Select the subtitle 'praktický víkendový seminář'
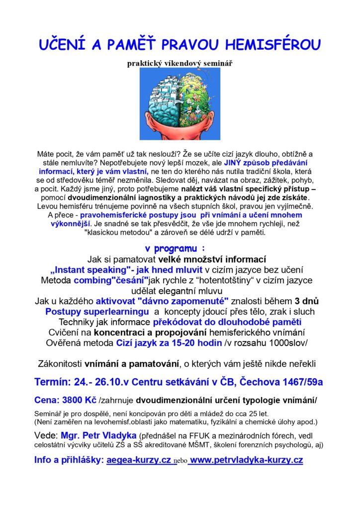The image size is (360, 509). (180, 63)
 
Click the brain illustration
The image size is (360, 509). (180, 103)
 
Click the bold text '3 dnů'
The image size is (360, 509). (306, 301)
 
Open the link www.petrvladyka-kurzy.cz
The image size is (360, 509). (246, 460)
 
